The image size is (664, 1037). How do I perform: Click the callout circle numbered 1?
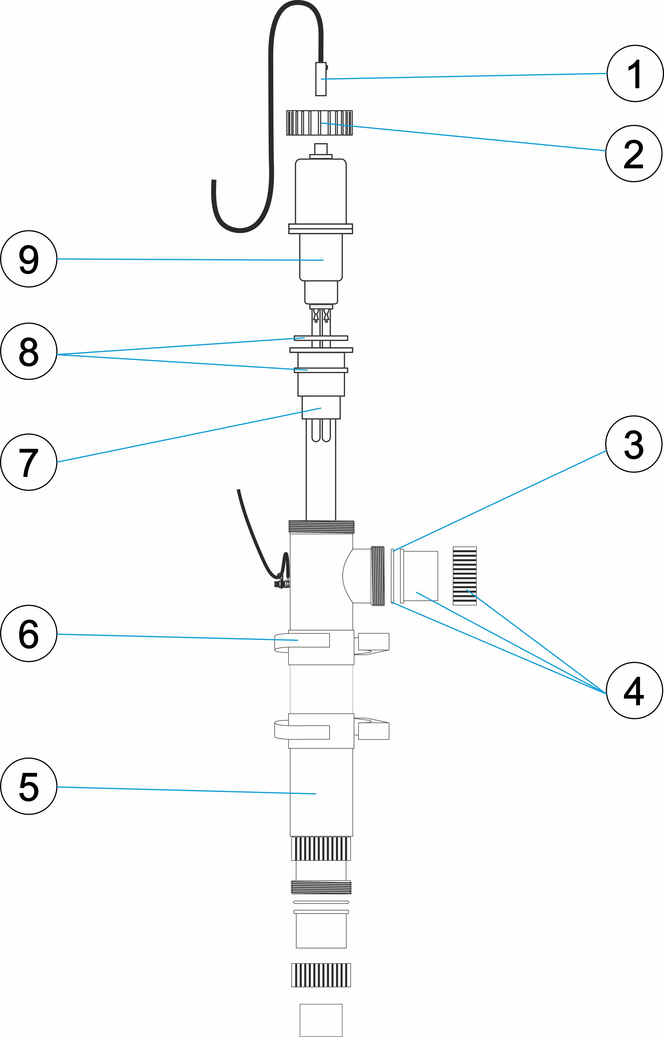[x=635, y=74]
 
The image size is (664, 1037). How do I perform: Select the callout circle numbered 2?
[x=633, y=154]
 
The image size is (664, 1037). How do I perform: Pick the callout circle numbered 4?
[x=634, y=691]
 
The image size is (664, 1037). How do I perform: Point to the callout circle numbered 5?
[x=29, y=786]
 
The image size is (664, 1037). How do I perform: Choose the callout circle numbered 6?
[x=29, y=633]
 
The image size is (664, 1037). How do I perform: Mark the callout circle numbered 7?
[x=29, y=462]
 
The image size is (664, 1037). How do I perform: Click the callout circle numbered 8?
[x=29, y=351]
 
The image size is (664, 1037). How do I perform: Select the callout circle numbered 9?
[x=29, y=259]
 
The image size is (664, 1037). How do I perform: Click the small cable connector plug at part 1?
[x=321, y=79]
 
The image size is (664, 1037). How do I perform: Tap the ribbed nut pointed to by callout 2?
[x=319, y=123]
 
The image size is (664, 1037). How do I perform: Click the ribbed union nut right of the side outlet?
[x=464, y=576]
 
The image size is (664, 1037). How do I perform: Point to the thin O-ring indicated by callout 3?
[x=392, y=576]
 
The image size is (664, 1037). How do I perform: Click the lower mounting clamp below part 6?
[x=321, y=731]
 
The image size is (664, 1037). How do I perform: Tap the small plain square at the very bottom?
[x=321, y=1020]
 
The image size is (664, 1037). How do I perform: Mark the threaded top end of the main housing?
[x=321, y=527]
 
